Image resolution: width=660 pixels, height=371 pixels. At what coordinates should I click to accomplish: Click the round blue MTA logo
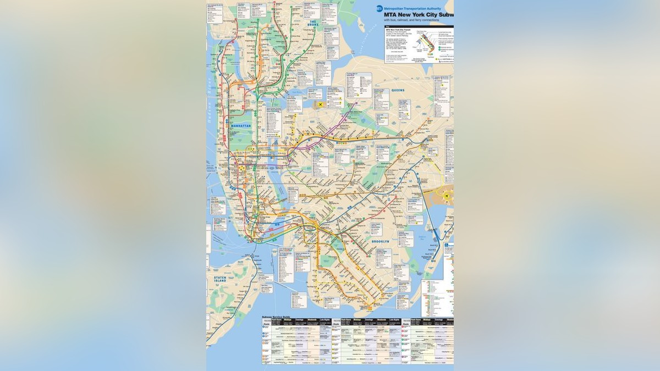[x=380, y=8]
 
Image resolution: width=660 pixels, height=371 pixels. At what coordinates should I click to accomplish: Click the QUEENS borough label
[x=397, y=90]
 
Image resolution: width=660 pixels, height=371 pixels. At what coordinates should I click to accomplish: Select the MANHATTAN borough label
[x=240, y=126]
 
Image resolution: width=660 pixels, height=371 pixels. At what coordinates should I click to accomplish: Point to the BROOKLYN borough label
[x=380, y=241]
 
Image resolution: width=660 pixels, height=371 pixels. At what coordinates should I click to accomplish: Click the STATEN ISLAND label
[x=220, y=279]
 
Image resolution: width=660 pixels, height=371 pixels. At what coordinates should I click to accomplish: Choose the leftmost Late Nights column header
[x=325, y=319]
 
